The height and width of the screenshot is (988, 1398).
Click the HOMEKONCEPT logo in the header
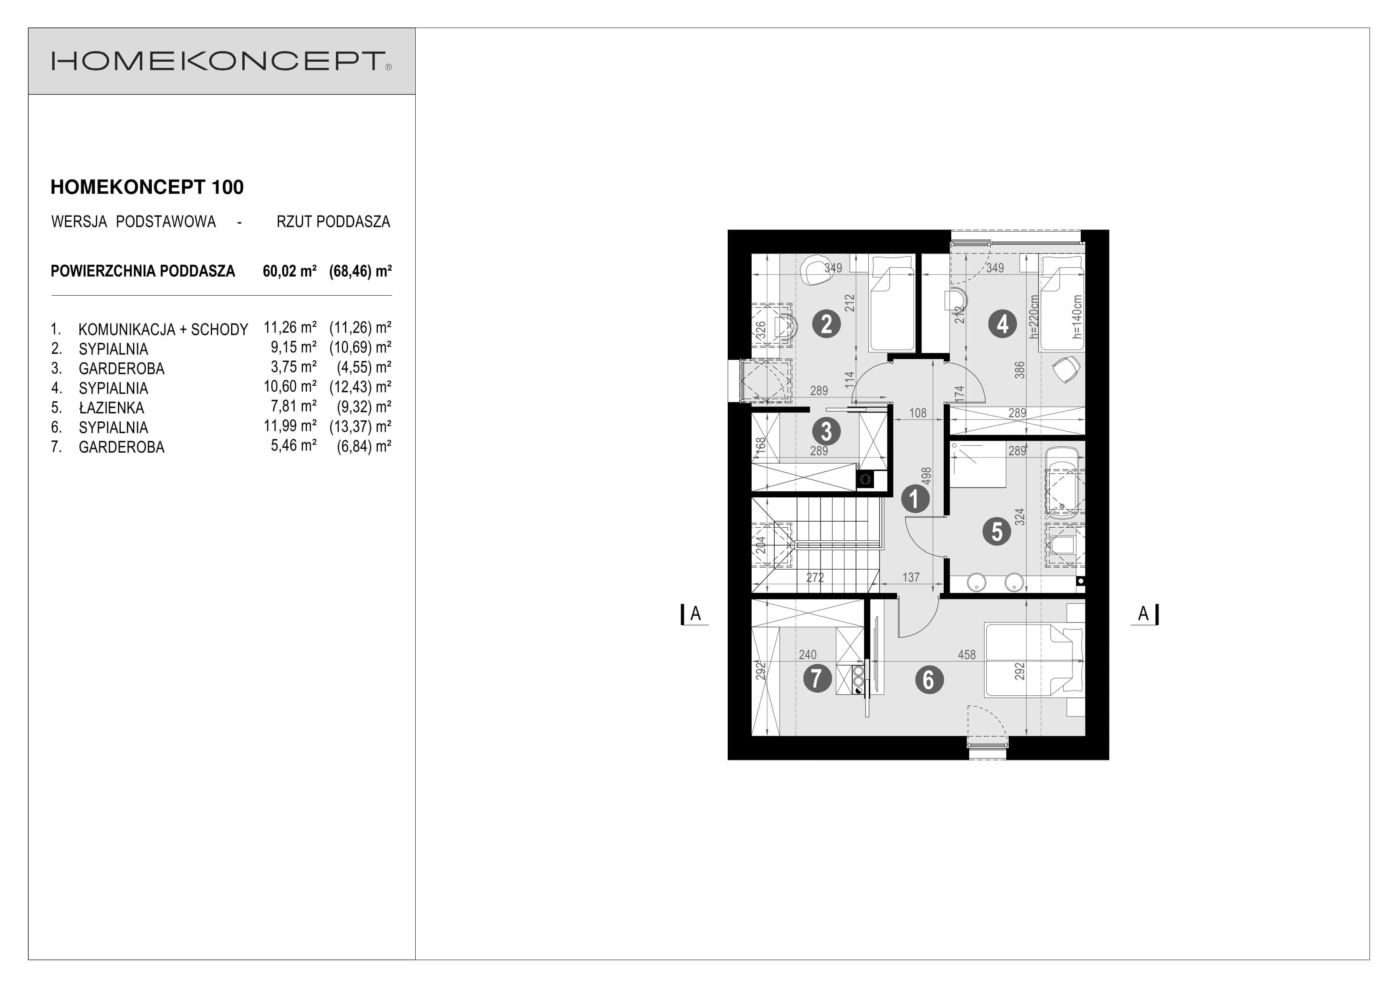(221, 61)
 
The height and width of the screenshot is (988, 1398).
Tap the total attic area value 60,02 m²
(289, 271)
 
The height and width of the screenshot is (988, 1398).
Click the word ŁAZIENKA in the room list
(112, 407)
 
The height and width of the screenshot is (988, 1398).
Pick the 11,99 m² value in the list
(290, 426)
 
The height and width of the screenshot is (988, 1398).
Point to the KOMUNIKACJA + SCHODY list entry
(163, 329)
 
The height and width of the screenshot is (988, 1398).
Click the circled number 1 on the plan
(915, 499)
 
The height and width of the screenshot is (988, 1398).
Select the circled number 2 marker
(826, 324)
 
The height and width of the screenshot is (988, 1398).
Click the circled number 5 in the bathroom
(997, 531)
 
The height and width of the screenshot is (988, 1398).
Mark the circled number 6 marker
(929, 680)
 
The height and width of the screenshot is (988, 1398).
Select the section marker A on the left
(695, 614)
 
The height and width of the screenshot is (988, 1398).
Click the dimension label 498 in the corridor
(926, 476)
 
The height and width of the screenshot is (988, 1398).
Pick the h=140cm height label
(1077, 316)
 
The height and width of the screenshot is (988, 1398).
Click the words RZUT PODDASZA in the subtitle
(333, 222)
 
